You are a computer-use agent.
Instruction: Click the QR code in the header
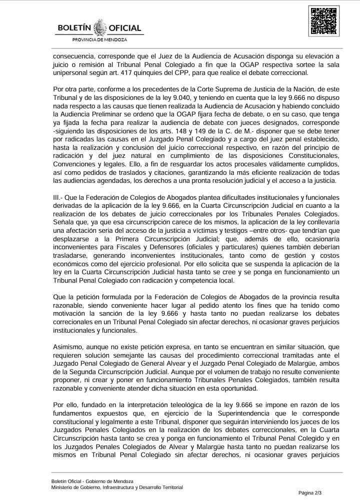click(321, 21)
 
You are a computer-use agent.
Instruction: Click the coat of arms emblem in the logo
click(100, 26)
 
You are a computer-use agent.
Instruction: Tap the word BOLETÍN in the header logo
click(74, 28)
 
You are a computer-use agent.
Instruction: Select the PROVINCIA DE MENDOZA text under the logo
click(100, 39)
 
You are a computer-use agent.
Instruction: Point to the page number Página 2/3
click(310, 493)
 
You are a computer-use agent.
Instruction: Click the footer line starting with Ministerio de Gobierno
click(117, 487)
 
